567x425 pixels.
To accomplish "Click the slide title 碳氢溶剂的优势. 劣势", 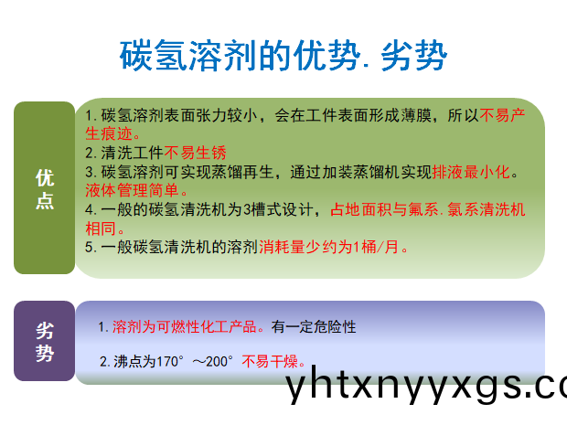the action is pyautogui.click(x=283, y=55).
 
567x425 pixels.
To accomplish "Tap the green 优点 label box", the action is pyautogui.click(x=45, y=187).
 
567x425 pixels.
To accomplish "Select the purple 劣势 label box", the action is pyautogui.click(x=45, y=341).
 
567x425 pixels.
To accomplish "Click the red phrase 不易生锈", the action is pyautogui.click(x=196, y=153).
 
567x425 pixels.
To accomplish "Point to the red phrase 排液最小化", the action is pyautogui.click(x=471, y=172).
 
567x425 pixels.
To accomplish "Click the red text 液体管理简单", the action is pyautogui.click(x=132, y=190).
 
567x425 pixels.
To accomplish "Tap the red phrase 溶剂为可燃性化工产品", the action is pyautogui.click(x=185, y=326).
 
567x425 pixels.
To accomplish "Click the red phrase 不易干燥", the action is pyautogui.click(x=270, y=361).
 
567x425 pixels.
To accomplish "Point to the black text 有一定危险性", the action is pyautogui.click(x=314, y=326).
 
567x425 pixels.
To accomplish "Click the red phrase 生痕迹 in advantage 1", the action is pyautogui.click(x=109, y=133).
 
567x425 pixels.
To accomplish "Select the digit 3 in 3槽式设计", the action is pyautogui.click(x=247, y=209).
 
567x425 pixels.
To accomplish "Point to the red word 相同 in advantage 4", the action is pyautogui.click(x=101, y=228).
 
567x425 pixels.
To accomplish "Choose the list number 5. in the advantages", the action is pyautogui.click(x=91, y=247).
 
